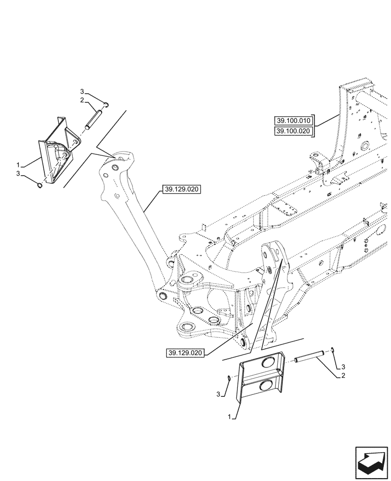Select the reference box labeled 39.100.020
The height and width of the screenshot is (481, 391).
click(293, 131)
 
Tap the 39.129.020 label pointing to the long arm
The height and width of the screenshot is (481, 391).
click(182, 190)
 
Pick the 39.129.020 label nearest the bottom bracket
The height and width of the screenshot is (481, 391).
click(186, 353)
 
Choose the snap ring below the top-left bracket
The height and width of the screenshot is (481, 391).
click(40, 184)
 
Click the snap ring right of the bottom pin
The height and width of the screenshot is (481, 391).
click(332, 350)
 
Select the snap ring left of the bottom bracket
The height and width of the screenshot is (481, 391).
click(229, 379)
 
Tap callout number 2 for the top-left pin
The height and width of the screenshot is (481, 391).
click(82, 100)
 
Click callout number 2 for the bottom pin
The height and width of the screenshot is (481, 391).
click(342, 375)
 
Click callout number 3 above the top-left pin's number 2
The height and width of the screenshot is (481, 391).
click(82, 91)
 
